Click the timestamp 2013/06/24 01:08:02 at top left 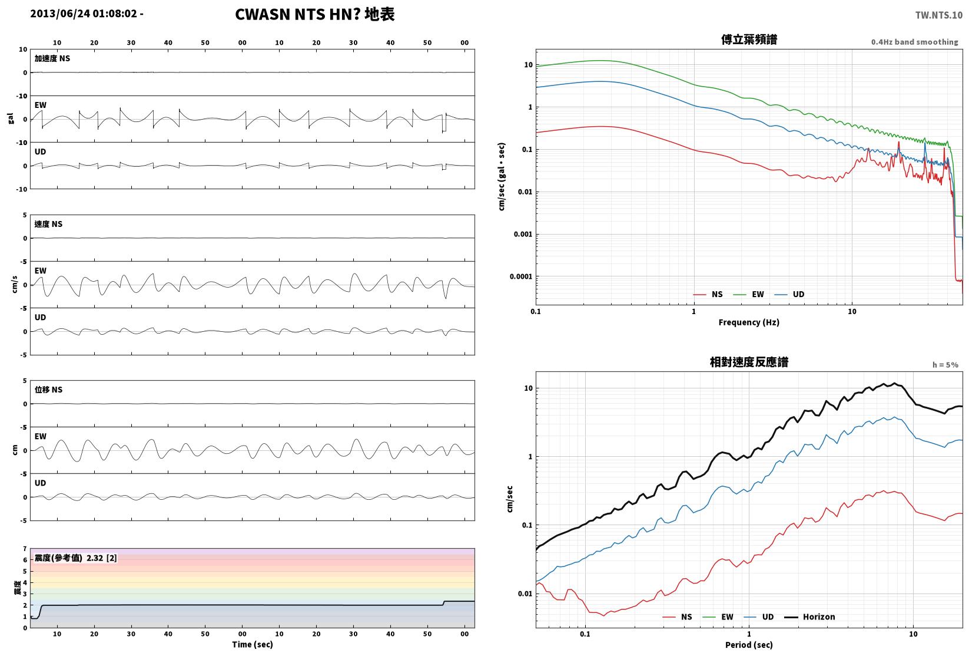tap(84, 14)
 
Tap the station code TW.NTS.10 tap(939, 15)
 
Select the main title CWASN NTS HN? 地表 tap(314, 14)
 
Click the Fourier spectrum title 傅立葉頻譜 tap(749, 39)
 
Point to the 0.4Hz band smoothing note tap(914, 42)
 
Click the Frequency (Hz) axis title tap(749, 322)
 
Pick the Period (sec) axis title tap(749, 645)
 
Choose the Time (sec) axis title tap(252, 644)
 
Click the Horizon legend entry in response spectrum tap(809, 617)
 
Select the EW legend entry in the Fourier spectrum tap(748, 294)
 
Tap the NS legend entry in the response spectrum tap(677, 617)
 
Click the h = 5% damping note tap(945, 365)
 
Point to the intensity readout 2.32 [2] tap(102, 558)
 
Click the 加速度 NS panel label tap(52, 58)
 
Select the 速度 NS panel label tap(48, 224)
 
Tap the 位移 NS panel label tap(48, 390)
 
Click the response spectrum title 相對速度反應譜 tap(749, 362)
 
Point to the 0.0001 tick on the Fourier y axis tap(521, 276)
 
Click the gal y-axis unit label tap(11, 118)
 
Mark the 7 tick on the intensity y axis tap(25, 549)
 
